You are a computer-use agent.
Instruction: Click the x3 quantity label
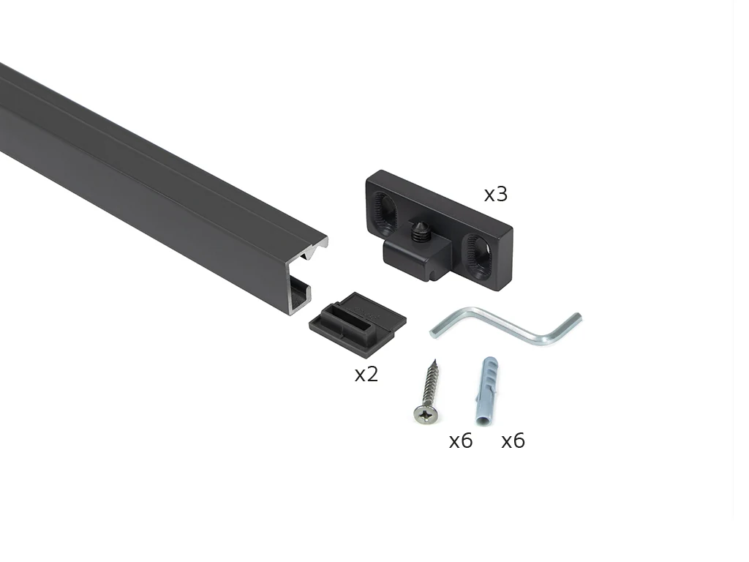pos(496,194)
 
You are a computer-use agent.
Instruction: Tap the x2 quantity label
pos(366,374)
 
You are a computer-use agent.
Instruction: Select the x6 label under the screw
pos(461,441)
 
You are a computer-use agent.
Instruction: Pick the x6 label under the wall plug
pos(513,441)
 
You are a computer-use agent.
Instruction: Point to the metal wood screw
pos(428,393)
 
